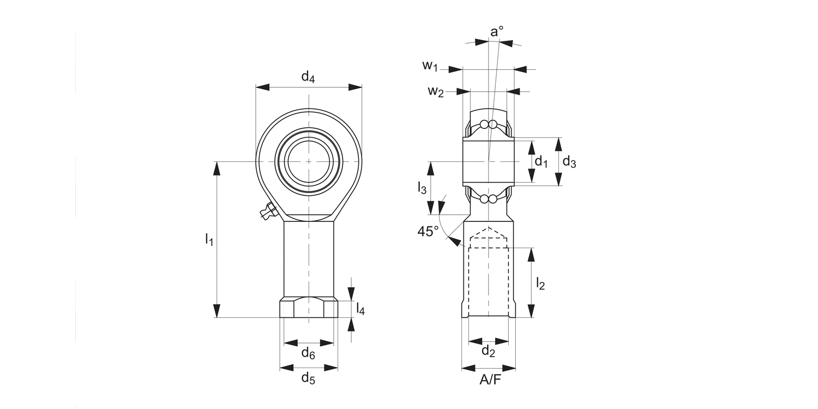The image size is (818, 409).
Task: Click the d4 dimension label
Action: (x=308, y=77)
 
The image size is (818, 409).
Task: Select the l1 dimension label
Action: (x=209, y=238)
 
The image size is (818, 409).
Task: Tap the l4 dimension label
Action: (x=360, y=309)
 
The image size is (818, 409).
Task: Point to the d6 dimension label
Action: (x=308, y=353)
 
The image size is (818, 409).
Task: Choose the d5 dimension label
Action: (x=308, y=378)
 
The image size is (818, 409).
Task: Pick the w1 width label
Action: (x=430, y=67)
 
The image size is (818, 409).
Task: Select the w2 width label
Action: (x=435, y=91)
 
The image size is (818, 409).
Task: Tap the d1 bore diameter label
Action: (x=540, y=161)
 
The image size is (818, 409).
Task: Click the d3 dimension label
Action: (x=569, y=161)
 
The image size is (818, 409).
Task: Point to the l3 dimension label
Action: (x=422, y=189)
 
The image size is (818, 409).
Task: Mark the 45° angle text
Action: (x=428, y=231)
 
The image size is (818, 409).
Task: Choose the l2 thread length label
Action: (x=540, y=283)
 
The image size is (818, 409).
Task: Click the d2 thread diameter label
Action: (x=488, y=352)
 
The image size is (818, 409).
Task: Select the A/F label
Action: (x=489, y=380)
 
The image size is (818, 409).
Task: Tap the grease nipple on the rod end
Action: (x=267, y=211)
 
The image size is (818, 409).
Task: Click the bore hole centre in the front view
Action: (x=309, y=161)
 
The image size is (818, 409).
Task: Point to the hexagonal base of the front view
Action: (x=309, y=308)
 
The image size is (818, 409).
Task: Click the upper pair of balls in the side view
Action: (x=489, y=125)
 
